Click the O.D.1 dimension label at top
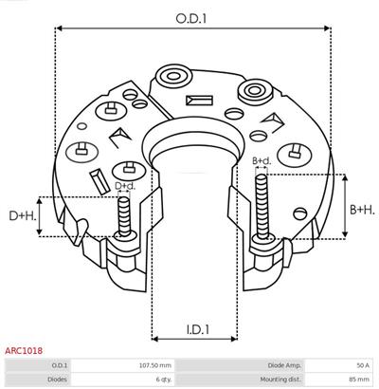click(190, 18)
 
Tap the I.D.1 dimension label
click(197, 329)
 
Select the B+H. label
click(362, 210)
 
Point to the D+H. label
click(23, 215)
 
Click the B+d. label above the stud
click(262, 161)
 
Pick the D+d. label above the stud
click(125, 186)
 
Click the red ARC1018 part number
click(24, 350)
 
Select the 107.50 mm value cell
click(155, 365)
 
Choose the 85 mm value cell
click(360, 379)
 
